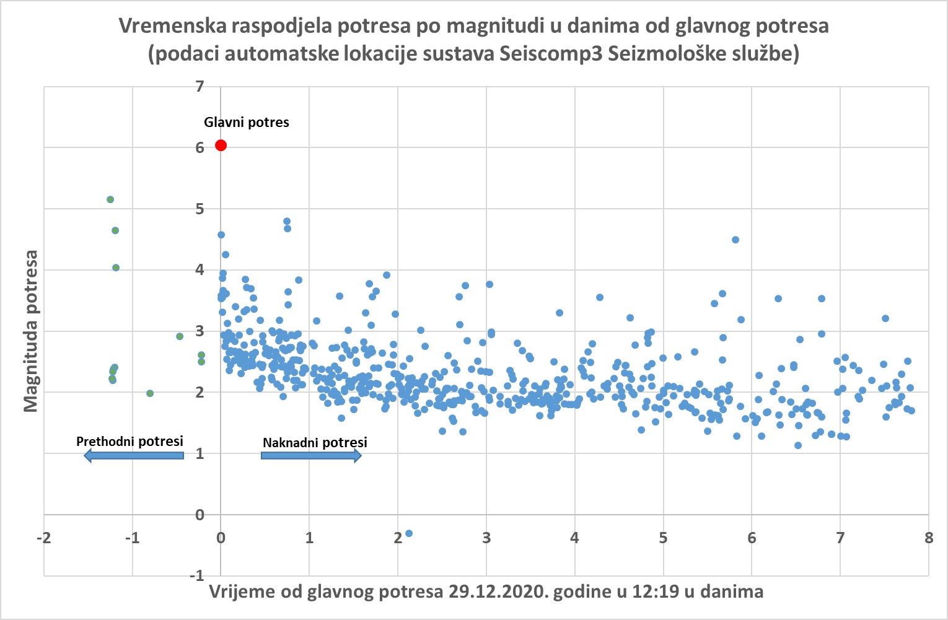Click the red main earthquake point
tap(221, 146)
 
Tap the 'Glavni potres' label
tap(247, 122)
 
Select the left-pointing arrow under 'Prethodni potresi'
tap(134, 456)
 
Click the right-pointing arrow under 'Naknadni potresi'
tap(311, 456)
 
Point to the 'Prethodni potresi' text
tap(129, 441)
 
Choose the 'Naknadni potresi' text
tap(315, 442)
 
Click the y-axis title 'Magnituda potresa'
tap(30, 331)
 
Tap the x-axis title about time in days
tap(486, 592)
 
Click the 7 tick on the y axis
tap(200, 86)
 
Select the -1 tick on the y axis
tap(197, 576)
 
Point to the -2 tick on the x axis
tap(43, 538)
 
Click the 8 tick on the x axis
tap(928, 538)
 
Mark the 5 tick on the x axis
tap(663, 538)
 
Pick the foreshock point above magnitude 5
tap(110, 199)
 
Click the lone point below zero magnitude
tap(409, 533)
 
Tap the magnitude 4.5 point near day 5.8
tap(735, 240)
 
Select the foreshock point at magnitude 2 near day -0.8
tap(150, 393)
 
